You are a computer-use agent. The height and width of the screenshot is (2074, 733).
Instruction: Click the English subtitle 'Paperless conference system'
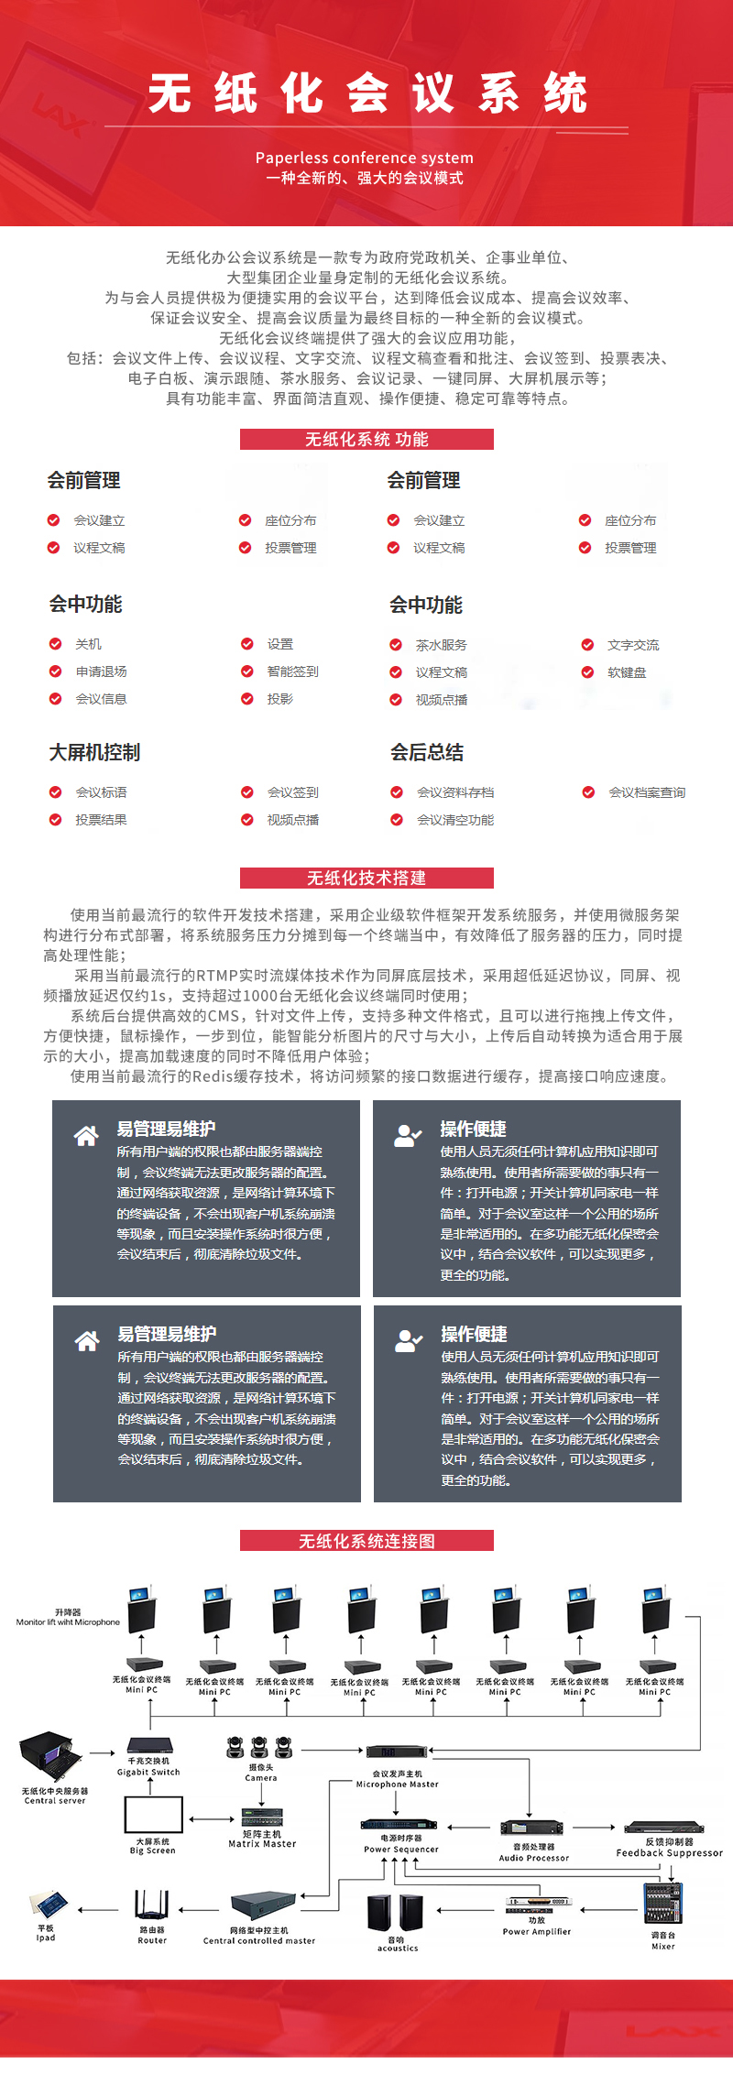tap(365, 158)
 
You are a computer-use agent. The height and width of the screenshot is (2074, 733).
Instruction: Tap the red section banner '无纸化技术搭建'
tap(366, 878)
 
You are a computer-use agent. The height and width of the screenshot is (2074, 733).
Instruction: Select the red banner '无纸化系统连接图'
tap(366, 1541)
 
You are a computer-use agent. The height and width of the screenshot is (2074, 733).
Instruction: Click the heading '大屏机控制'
tap(94, 752)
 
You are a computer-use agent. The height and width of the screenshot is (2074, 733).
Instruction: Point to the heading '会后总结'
tap(427, 752)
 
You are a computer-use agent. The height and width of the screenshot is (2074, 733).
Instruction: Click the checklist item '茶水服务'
tap(441, 645)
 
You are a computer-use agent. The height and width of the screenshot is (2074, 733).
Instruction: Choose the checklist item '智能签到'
tap(292, 671)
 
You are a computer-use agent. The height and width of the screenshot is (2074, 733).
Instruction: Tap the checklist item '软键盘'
tap(627, 672)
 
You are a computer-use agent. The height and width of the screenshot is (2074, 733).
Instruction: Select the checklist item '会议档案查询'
tap(647, 792)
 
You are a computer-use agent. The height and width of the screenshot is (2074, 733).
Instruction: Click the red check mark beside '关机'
tap(55, 644)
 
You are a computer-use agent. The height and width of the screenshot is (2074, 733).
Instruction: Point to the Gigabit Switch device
tap(149, 1745)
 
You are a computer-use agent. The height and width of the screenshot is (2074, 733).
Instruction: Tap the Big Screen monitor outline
tap(153, 1815)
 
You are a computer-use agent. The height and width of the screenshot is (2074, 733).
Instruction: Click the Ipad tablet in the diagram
tap(49, 1905)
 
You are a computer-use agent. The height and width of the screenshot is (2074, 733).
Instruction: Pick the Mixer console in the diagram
tap(662, 1904)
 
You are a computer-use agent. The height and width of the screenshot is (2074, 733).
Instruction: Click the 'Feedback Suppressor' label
tap(669, 1852)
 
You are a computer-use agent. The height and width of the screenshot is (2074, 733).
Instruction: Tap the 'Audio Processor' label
tap(534, 1858)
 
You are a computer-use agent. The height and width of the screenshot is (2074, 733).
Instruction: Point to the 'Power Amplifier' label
tap(537, 1931)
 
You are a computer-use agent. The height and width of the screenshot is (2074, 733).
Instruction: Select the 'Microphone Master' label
tap(398, 1785)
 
